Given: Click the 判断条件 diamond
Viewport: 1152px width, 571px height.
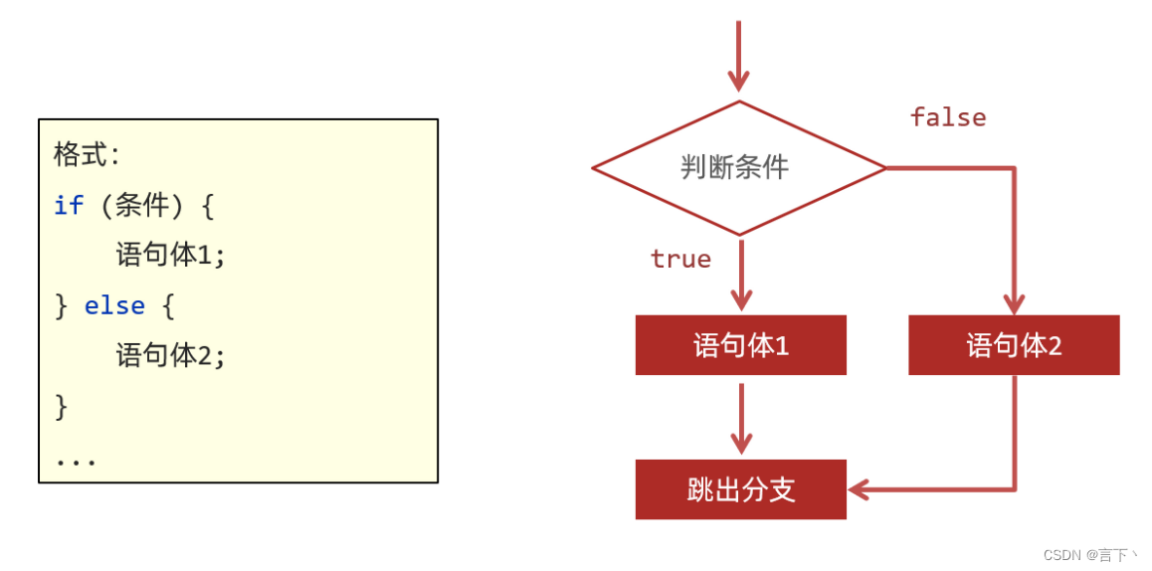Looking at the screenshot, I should point(738,167).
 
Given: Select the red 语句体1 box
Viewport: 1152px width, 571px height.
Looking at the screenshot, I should point(740,345).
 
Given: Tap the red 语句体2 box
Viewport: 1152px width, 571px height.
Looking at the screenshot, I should point(1014,345).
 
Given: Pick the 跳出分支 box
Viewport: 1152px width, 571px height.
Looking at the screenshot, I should point(740,489).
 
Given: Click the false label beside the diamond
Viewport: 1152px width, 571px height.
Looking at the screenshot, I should point(948,117).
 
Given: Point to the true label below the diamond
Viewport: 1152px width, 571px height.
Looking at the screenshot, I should point(680,259).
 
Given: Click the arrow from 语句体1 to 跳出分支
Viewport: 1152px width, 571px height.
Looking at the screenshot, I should point(741,418).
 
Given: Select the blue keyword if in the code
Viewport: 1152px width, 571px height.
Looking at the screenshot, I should point(68,206).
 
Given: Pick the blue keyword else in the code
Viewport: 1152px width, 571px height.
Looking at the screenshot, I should point(114,305).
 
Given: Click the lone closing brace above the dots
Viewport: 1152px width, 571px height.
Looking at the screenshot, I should point(62,406).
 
